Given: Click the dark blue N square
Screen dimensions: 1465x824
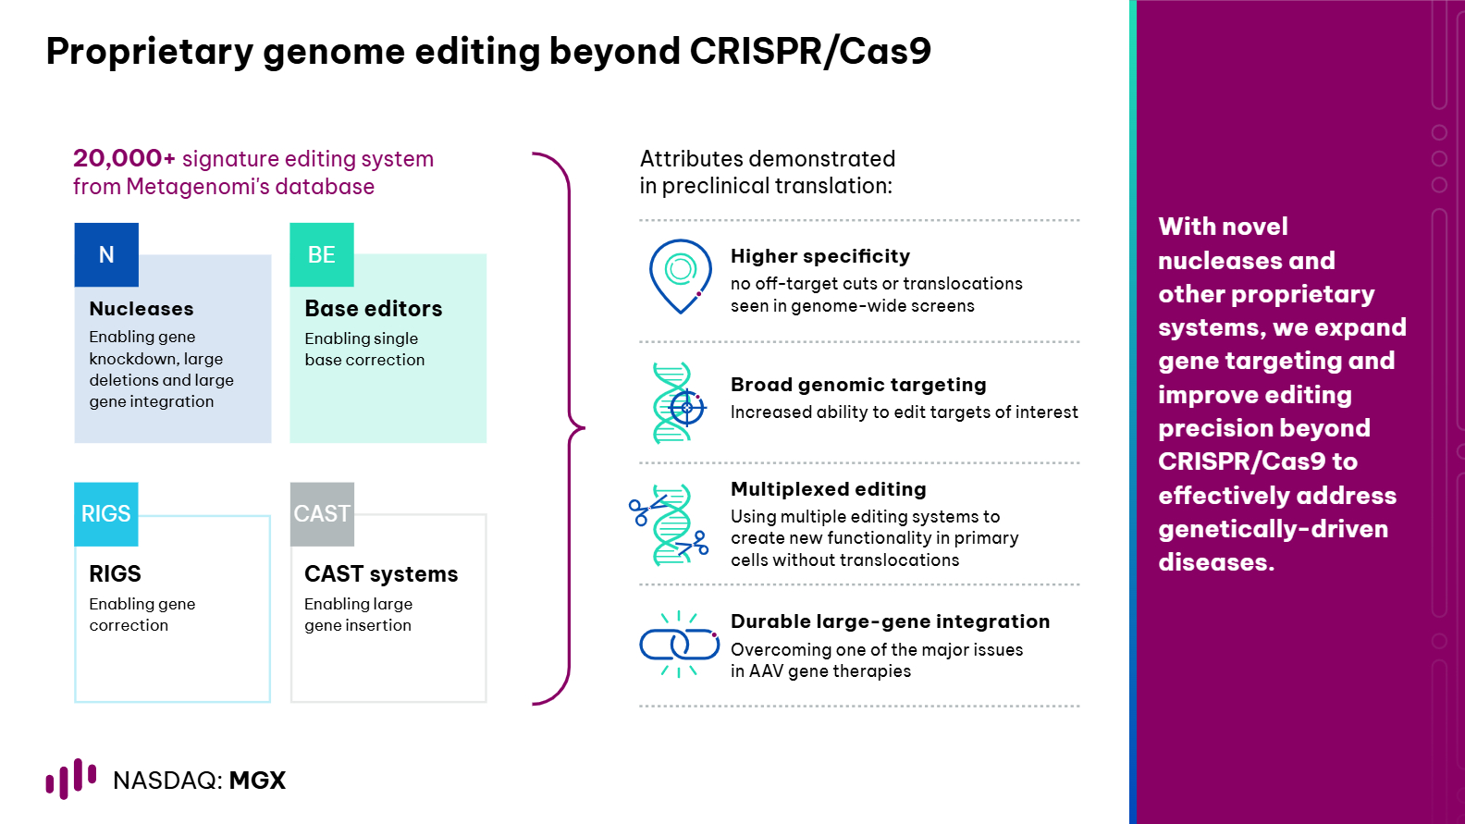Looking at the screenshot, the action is point(106,254).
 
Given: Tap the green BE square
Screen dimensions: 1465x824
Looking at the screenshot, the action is point(322,254).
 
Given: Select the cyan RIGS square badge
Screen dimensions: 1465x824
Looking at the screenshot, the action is point(106,514).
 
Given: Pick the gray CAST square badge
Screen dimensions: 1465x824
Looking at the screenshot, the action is point(322,514).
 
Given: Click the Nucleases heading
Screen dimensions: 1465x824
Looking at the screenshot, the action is point(142,309).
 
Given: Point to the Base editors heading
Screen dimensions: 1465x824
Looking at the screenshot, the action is point(374,309).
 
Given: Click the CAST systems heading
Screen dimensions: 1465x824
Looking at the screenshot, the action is point(381,574).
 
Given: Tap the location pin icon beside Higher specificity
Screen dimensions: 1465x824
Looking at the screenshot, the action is point(680,276).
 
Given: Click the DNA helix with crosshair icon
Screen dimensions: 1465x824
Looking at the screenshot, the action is point(679,403).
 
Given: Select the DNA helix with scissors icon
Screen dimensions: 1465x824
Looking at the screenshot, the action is point(670,525).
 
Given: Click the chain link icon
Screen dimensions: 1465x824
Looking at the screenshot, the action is point(679,645).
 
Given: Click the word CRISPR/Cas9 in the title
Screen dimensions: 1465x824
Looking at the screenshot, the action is point(810,51).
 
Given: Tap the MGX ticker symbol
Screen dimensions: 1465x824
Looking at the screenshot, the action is point(258,781).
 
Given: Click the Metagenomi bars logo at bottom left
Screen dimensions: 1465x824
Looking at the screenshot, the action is point(70,779).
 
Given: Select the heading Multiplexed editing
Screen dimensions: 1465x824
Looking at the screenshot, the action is point(829,489).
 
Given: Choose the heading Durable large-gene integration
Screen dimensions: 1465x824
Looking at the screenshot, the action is point(890,621).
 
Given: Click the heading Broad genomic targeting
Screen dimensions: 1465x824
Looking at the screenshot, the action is point(858,385).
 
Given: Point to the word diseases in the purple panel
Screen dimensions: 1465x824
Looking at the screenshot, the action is point(1216,562).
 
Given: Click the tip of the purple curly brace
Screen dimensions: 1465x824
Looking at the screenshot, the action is point(584,428).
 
